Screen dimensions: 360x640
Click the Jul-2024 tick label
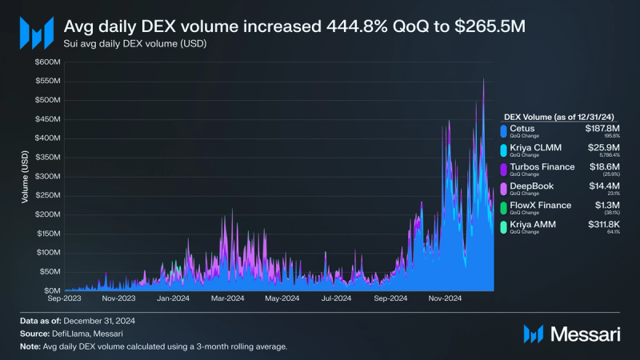click(x=335, y=299)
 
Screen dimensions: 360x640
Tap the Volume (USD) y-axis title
click(x=26, y=192)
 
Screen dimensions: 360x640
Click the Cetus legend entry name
click(x=522, y=128)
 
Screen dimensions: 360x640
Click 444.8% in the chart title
click(x=350, y=26)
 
